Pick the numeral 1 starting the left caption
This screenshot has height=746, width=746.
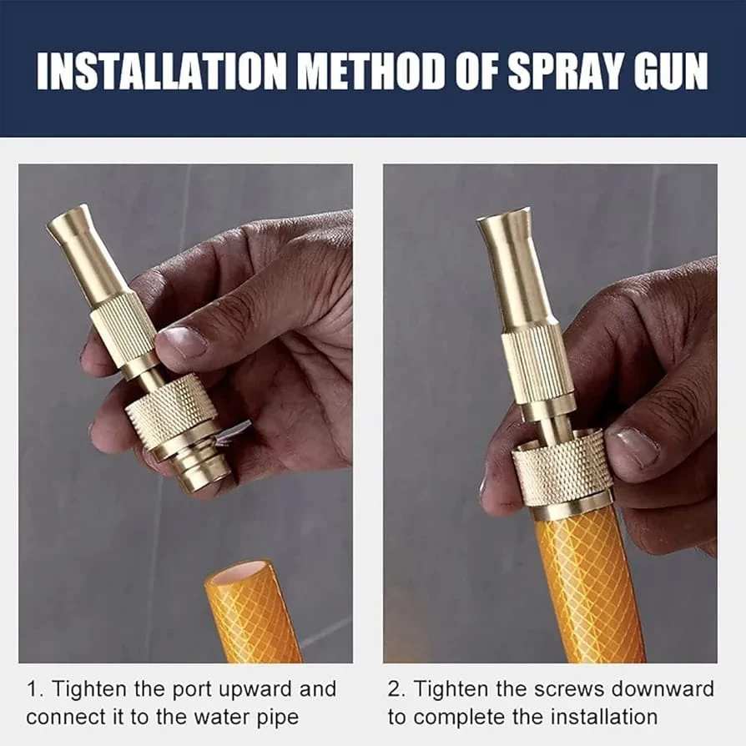[x=33, y=689]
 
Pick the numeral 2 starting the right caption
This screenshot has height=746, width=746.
[x=395, y=689]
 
